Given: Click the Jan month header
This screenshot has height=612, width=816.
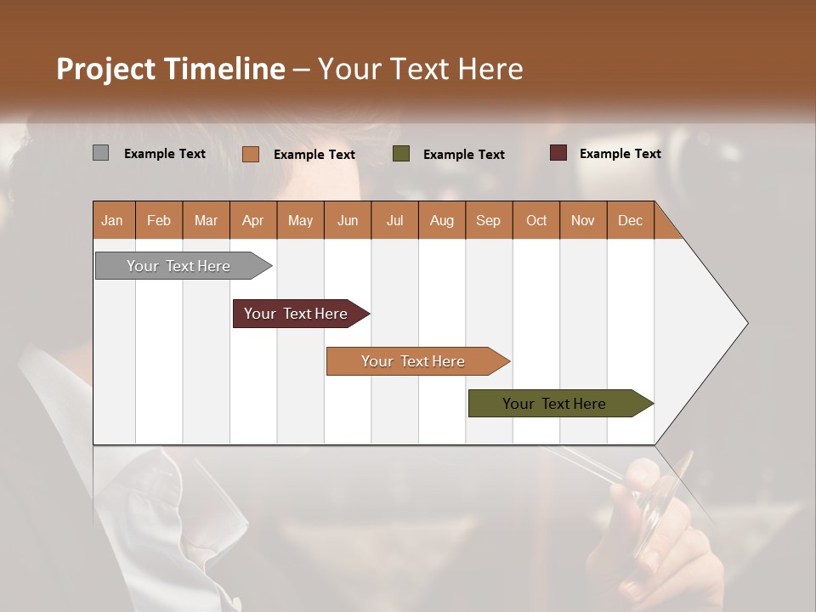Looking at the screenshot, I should click(x=112, y=220).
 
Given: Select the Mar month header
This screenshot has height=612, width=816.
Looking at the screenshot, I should click(x=206, y=220).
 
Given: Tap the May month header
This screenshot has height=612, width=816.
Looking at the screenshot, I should click(x=300, y=220).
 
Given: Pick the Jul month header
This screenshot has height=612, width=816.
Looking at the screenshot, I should click(x=394, y=220).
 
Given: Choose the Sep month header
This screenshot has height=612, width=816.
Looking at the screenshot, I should click(x=488, y=220).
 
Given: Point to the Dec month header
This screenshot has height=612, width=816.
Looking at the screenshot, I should click(x=630, y=220).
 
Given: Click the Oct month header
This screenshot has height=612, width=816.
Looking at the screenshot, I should click(x=536, y=220).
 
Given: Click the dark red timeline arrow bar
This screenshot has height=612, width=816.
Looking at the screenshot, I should click(x=296, y=314).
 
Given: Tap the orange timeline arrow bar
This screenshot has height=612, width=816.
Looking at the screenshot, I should click(x=413, y=361).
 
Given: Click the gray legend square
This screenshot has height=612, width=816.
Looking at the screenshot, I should click(x=101, y=153).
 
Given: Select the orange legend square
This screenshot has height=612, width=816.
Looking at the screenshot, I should click(x=251, y=154).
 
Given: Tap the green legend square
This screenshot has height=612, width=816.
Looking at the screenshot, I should click(x=401, y=154).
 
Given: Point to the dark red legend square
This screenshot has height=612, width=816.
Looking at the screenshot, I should click(x=558, y=153).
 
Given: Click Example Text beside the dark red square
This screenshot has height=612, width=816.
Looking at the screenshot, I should click(x=620, y=154).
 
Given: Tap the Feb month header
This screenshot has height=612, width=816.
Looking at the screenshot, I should click(x=159, y=220).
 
